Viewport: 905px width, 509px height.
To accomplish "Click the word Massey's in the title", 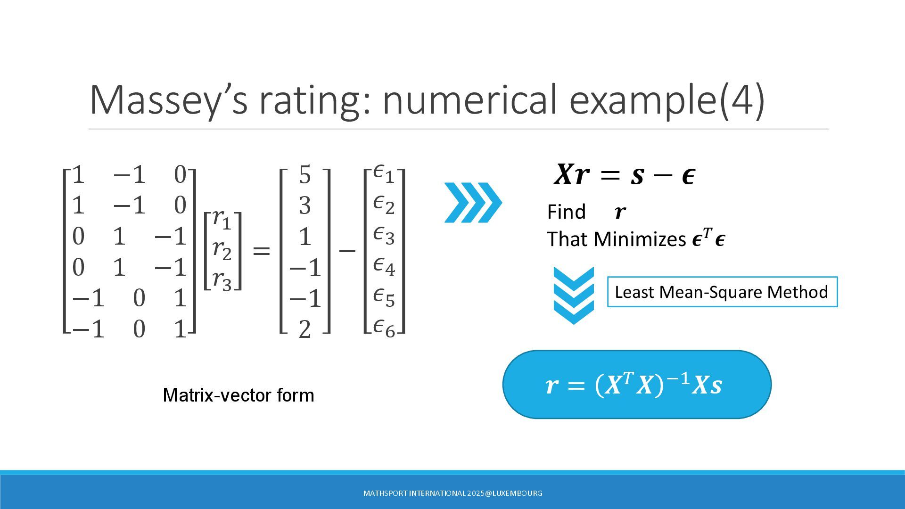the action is pyautogui.click(x=168, y=99).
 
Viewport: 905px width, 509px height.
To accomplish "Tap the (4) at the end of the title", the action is pyautogui.click(x=742, y=100).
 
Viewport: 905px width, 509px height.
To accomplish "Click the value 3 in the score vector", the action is pyautogui.click(x=305, y=205).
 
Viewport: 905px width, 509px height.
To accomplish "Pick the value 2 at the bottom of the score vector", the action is pyautogui.click(x=305, y=329).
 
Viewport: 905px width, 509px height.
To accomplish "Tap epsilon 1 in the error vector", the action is pyautogui.click(x=384, y=173).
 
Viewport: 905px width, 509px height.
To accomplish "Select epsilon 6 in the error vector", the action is pyautogui.click(x=384, y=328).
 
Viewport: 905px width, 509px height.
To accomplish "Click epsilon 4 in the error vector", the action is pyautogui.click(x=384, y=266).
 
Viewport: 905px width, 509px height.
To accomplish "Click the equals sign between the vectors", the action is pyautogui.click(x=262, y=251).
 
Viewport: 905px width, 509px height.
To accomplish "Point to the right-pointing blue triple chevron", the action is pyautogui.click(x=473, y=203).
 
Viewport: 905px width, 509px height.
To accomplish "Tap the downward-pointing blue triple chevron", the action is pyautogui.click(x=574, y=296).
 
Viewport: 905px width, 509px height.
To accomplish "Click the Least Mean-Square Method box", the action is pyautogui.click(x=722, y=292).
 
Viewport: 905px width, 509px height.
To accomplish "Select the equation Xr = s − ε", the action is pyautogui.click(x=625, y=174).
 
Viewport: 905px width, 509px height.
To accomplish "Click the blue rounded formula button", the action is pyautogui.click(x=637, y=385).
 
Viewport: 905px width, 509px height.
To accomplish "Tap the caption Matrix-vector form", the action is pyautogui.click(x=239, y=395).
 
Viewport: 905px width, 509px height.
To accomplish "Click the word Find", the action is pyautogui.click(x=566, y=212).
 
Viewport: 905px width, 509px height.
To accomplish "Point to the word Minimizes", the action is pyautogui.click(x=640, y=239).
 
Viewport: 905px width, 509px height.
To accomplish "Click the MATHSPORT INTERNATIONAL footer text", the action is pyautogui.click(x=452, y=493).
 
